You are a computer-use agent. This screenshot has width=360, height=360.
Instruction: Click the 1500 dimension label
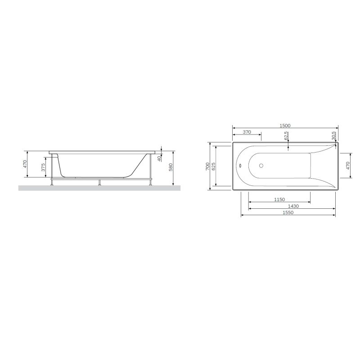[x=285, y=125]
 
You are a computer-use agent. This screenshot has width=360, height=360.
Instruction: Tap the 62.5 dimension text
[x=287, y=136]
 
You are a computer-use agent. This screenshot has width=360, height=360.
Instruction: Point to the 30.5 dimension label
[x=333, y=135]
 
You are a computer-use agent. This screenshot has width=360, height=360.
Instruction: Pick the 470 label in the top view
[x=348, y=166]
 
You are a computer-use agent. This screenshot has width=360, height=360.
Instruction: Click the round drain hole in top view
[x=261, y=165]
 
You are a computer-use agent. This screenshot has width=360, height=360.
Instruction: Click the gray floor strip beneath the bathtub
[x=99, y=188]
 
